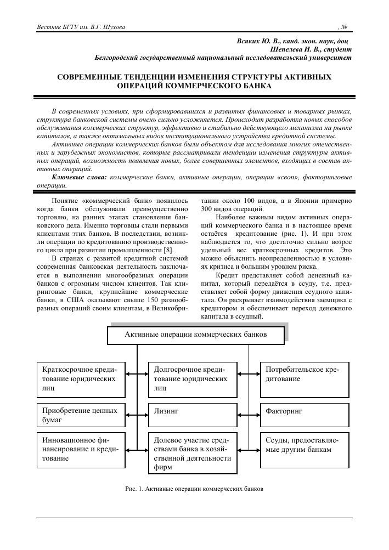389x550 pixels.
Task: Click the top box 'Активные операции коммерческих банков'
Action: (196, 334)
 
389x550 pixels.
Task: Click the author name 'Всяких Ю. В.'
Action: (258, 41)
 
